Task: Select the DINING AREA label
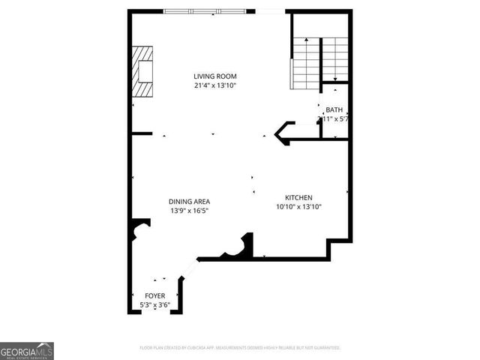coord(189,201)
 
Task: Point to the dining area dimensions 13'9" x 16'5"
coord(189,211)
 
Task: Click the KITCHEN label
coord(298,197)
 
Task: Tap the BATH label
coord(334,109)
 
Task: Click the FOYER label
coord(154,295)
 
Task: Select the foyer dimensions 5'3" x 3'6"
coord(154,305)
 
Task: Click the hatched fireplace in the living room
coord(144,72)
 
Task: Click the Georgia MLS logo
coord(27,351)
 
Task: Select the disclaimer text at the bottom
coord(240,348)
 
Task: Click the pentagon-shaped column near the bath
coord(284,133)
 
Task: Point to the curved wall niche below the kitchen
coord(239,249)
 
